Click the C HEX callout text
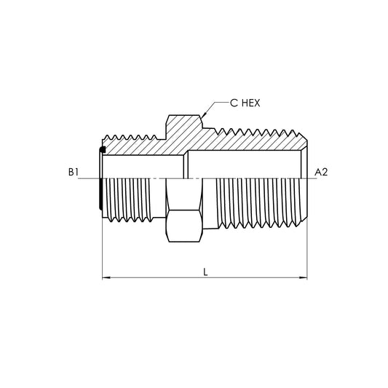[x=245, y=103]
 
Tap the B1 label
[x=74, y=172]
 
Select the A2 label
[x=321, y=172]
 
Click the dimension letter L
[x=205, y=272]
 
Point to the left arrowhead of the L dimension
[x=106, y=277]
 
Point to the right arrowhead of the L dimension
[x=304, y=277]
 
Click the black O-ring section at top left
[x=102, y=149]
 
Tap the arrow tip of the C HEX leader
[x=202, y=117]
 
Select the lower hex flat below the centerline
[x=184, y=226]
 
